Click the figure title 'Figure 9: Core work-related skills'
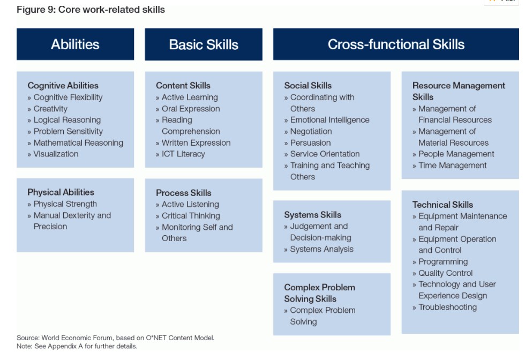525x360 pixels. (91, 10)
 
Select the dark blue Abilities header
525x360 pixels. (76, 44)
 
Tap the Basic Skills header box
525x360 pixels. (204, 44)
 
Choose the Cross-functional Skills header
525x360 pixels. (396, 44)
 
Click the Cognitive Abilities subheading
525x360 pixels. (63, 86)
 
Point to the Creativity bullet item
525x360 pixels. (50, 109)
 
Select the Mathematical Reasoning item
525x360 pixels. (78, 143)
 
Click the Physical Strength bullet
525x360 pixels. (65, 204)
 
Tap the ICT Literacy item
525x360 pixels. (183, 154)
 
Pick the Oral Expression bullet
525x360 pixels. (191, 109)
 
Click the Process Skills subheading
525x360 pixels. (183, 193)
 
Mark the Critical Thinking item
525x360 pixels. (191, 216)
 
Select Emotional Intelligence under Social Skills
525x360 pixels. (330, 120)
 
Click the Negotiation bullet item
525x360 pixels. (311, 131)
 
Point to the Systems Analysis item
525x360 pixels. (322, 249)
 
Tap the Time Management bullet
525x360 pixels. (453, 166)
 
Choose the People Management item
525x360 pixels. (456, 154)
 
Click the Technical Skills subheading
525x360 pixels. (442, 205)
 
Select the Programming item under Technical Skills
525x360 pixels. (444, 261)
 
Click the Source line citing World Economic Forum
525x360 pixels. (116, 337)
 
